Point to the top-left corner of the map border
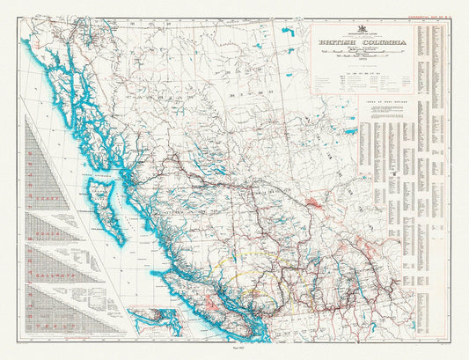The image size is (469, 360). tap(24, 17)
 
